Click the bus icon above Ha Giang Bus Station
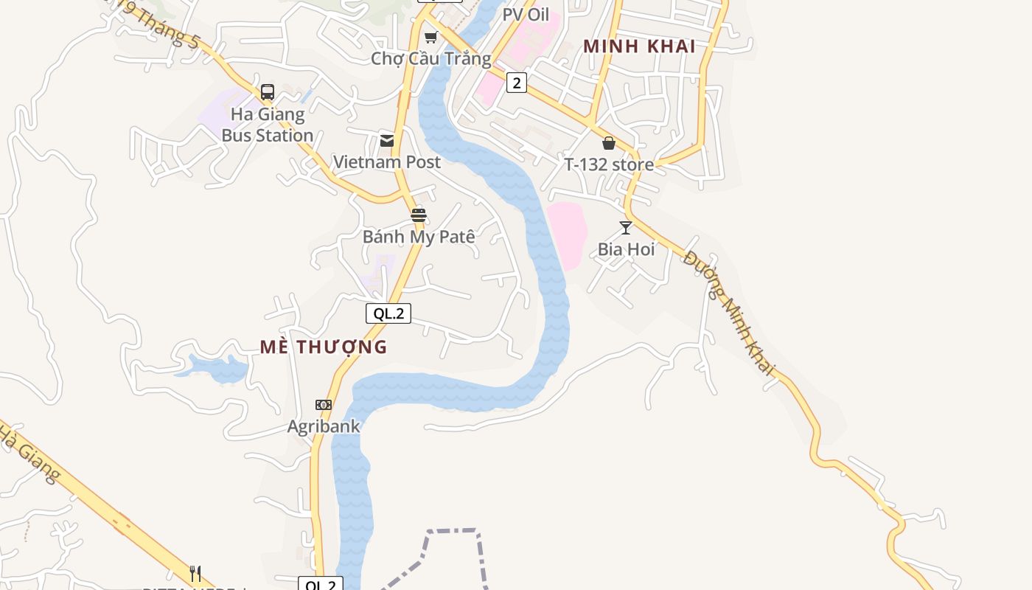click(x=268, y=92)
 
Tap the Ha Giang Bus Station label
click(x=268, y=125)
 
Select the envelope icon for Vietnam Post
click(x=387, y=141)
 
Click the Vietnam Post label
click(x=387, y=162)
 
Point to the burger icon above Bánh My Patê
click(x=419, y=215)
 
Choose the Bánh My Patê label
click(x=419, y=237)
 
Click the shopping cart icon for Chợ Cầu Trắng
click(x=431, y=37)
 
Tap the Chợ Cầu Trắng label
click(x=431, y=58)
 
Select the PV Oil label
click(x=526, y=14)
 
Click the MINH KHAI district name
click(x=639, y=46)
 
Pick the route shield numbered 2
click(x=517, y=83)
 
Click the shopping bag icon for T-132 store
click(x=609, y=143)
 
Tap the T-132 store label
click(x=609, y=164)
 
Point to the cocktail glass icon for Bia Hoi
click(x=626, y=228)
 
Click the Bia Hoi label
click(x=626, y=249)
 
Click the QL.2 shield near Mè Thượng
click(x=388, y=313)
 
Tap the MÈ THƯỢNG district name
click(x=324, y=347)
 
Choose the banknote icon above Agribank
click(x=324, y=405)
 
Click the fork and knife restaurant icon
click(x=195, y=573)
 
